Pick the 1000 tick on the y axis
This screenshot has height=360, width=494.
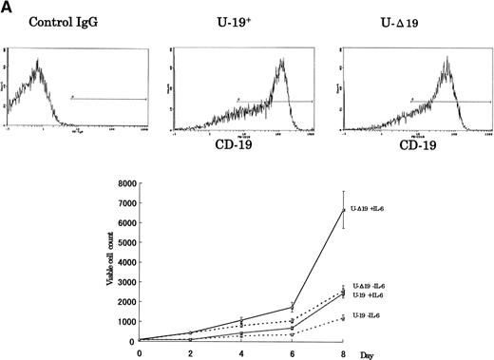pos(122,320)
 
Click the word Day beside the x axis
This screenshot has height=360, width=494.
pos(365,351)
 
